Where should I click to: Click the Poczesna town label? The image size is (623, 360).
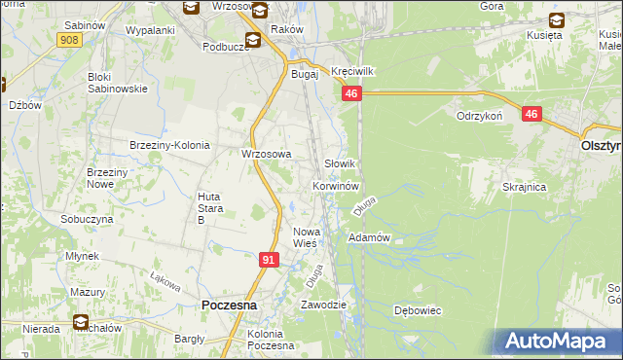coord(229,305)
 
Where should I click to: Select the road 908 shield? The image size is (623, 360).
coord(68,39)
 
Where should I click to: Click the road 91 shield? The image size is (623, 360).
coord(270,260)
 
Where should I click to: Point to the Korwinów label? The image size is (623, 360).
coord(337,185)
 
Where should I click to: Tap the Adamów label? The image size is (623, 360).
coord(369,237)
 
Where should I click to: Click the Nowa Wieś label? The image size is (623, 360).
coord(307,236)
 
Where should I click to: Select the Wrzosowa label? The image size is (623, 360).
coord(267,154)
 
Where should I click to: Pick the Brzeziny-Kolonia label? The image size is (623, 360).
coord(169,145)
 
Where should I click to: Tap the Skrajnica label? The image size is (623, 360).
coord(524,187)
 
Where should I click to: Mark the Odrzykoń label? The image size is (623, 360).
coord(479,115)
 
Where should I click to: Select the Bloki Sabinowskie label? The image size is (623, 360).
coord(118,82)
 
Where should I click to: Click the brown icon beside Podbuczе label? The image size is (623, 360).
coord(253,40)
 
